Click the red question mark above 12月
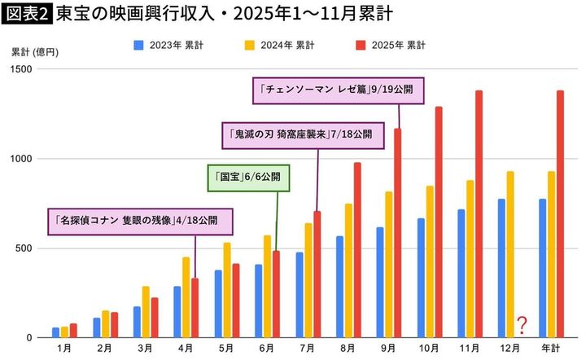(521, 326)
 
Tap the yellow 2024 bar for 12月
(509, 254)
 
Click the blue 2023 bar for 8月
(339, 287)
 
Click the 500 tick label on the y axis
(24, 248)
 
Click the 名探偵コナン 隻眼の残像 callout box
(141, 220)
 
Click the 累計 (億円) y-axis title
(33, 50)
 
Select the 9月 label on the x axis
(388, 348)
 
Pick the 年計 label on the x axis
(551, 348)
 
